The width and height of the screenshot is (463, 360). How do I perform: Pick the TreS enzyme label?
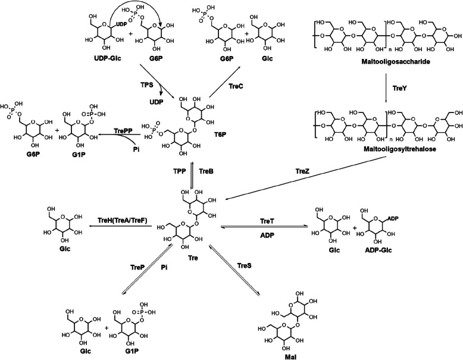pos(246,264)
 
